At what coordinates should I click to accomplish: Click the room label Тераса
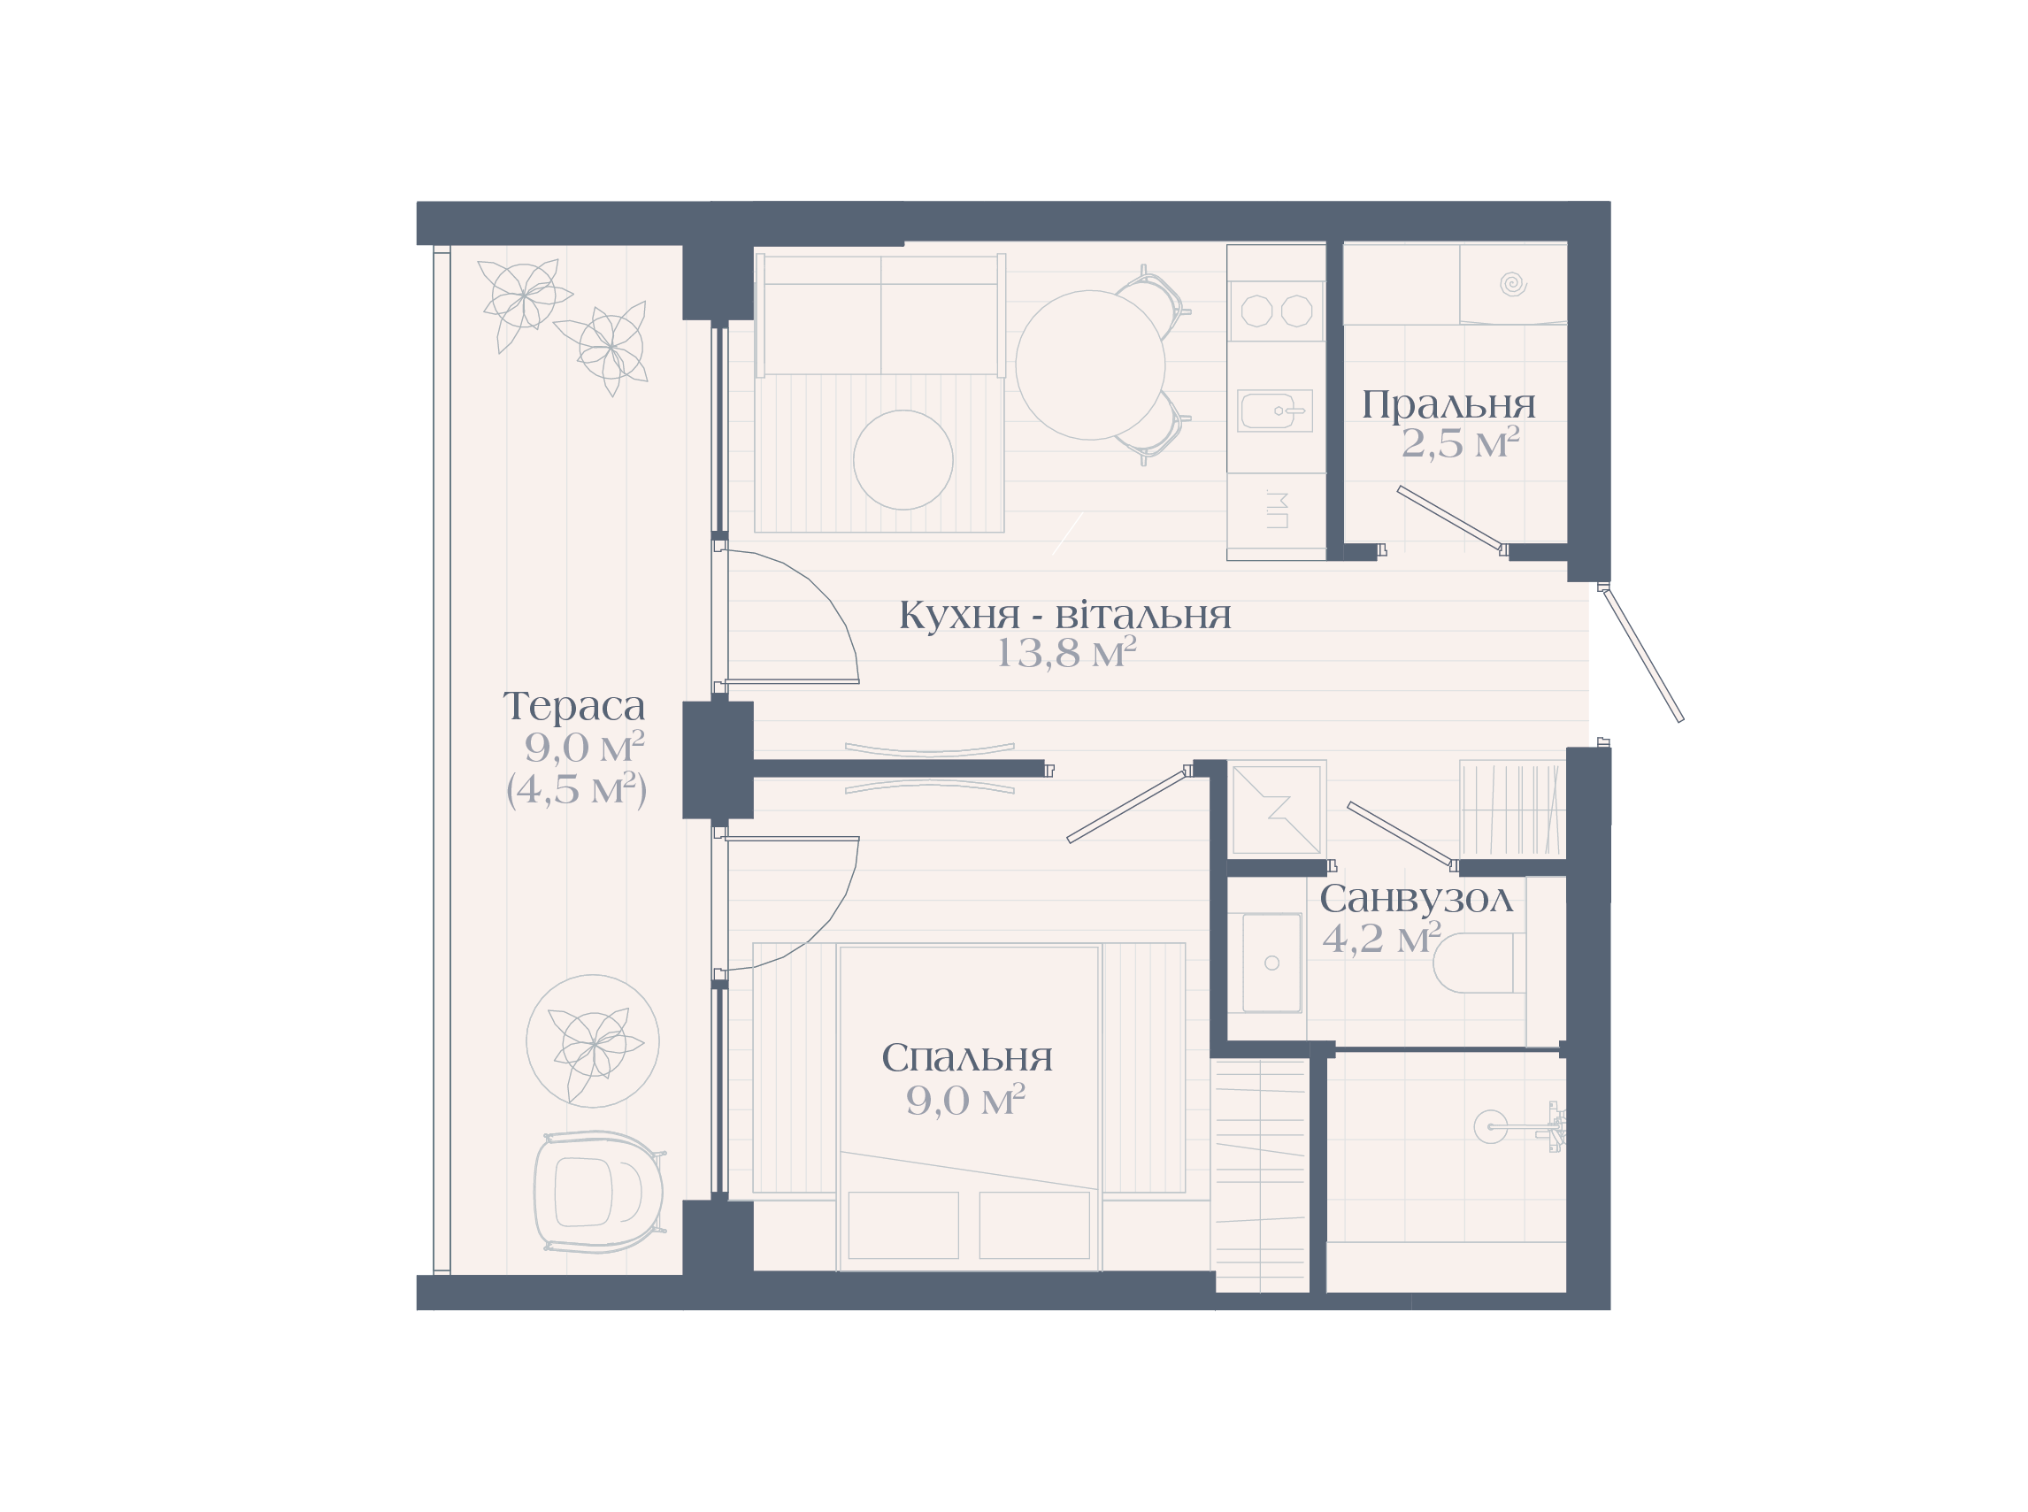click(x=574, y=707)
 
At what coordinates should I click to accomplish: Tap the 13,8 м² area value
click(x=1065, y=654)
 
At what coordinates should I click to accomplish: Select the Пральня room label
click(x=1448, y=404)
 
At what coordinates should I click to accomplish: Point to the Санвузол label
click(x=1416, y=899)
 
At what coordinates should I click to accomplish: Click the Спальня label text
click(x=966, y=1058)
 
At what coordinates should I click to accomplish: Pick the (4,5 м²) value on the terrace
click(x=577, y=789)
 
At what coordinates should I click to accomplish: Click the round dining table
click(x=1090, y=365)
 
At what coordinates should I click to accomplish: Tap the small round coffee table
click(x=903, y=459)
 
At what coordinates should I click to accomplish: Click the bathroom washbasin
click(x=1272, y=963)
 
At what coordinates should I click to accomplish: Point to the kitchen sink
click(x=1275, y=411)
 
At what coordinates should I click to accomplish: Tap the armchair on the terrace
click(x=599, y=1191)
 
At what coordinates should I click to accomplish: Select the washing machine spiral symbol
click(x=1513, y=284)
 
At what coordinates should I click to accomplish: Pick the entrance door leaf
click(x=1644, y=656)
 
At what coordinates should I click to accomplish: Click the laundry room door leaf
click(x=1449, y=519)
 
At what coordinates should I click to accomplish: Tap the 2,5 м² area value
click(x=1460, y=444)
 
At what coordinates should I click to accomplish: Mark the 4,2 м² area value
click(x=1382, y=938)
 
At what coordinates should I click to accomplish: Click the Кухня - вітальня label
click(x=1065, y=615)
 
